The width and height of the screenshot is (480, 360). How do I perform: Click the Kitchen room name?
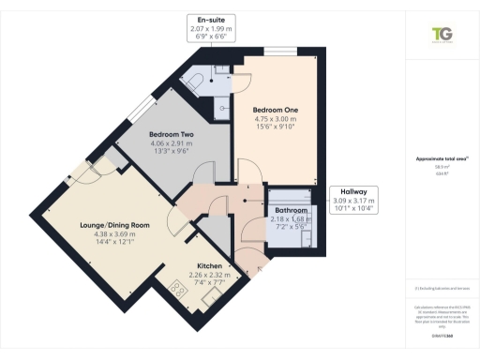(209, 265)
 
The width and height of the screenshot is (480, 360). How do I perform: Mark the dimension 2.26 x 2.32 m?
(209, 275)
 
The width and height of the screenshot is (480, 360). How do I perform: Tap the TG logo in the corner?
(441, 35)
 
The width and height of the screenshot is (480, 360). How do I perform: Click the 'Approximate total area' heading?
(441, 159)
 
